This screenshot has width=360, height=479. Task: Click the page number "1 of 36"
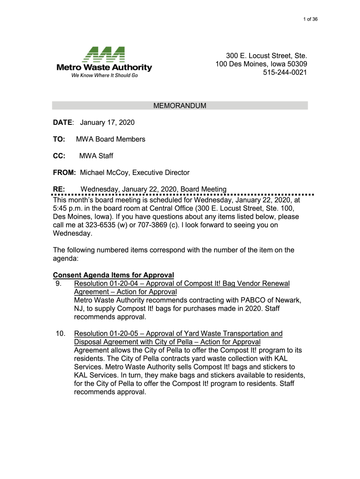[310, 19]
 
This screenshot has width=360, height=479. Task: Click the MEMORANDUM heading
[180, 106]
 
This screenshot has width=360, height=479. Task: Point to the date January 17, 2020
[107, 123]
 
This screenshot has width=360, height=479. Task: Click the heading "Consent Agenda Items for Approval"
[114, 275]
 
